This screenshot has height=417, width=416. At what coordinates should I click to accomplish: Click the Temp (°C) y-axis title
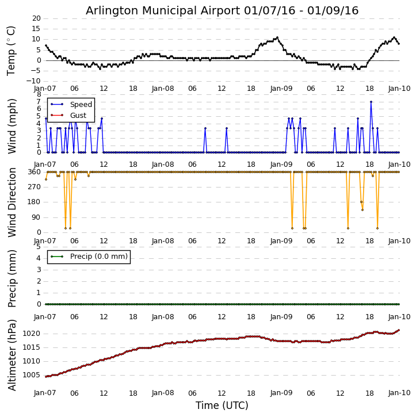point(12,50)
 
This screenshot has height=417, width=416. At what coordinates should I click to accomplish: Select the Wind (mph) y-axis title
point(12,125)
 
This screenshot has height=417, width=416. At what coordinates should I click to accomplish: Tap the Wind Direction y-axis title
point(12,202)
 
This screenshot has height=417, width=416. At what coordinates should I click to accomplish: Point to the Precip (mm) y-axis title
point(12,278)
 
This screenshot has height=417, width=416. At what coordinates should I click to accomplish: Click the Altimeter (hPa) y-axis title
point(12,354)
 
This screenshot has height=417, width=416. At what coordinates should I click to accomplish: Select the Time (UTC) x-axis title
point(222,405)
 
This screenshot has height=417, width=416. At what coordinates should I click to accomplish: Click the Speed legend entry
point(81,105)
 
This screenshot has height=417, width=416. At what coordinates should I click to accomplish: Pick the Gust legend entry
point(78,115)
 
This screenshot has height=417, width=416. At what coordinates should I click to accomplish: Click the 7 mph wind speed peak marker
point(371,102)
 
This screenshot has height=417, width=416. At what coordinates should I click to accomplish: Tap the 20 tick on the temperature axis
point(36,18)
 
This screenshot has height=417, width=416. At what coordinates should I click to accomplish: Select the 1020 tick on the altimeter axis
point(32,334)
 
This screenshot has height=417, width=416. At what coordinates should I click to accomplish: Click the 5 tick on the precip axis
point(38,246)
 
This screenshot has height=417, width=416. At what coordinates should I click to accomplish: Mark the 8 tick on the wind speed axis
point(38,94)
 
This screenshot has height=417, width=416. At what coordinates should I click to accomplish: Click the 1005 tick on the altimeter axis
point(32,375)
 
